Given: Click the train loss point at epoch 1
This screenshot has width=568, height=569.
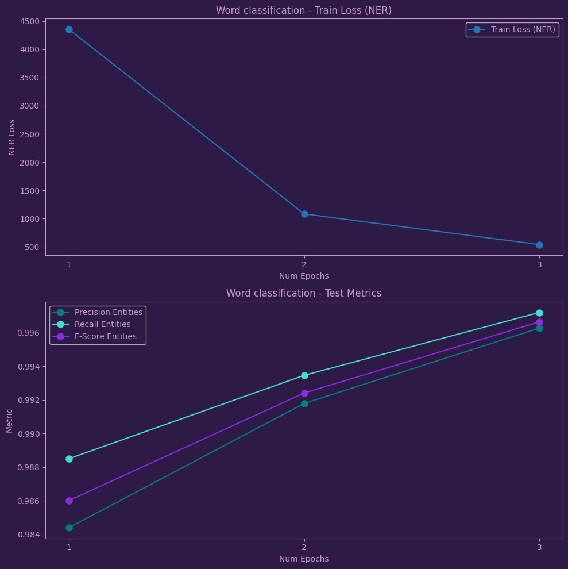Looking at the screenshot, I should click(x=69, y=29).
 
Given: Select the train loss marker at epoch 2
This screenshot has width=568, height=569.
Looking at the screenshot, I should click(x=304, y=214).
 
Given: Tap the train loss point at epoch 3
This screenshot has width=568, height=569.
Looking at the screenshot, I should click(x=539, y=245).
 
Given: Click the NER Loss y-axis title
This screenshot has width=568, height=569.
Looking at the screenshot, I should click(x=12, y=137).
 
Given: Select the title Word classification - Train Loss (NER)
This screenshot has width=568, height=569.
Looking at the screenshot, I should click(x=303, y=10).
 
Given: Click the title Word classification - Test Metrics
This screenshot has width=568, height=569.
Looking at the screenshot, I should click(x=303, y=293).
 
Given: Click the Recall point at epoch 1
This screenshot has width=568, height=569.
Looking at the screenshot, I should click(x=69, y=459).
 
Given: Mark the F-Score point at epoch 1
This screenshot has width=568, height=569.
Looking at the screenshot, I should click(x=69, y=501).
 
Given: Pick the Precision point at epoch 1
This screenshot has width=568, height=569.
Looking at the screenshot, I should click(x=69, y=528).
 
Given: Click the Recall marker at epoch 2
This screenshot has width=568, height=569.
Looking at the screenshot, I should click(x=304, y=375).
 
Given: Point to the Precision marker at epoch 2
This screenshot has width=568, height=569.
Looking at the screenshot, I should click(x=304, y=403).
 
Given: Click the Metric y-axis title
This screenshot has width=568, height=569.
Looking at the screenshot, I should click(x=10, y=421).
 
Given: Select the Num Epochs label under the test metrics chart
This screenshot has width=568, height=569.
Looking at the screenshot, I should click(x=304, y=559).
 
